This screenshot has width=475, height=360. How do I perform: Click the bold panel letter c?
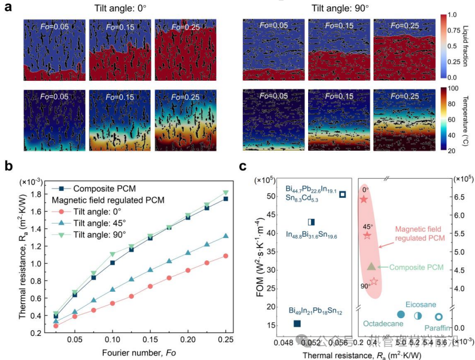(243, 167)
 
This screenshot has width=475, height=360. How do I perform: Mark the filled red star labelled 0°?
(364, 199)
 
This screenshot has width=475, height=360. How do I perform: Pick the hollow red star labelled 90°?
(374, 281)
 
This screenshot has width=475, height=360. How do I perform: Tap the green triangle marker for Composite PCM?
(371, 266)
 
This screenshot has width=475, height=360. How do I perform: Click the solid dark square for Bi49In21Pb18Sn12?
(297, 323)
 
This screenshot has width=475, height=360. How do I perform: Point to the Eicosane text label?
(421, 304)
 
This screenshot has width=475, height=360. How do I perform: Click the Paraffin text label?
(438, 329)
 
